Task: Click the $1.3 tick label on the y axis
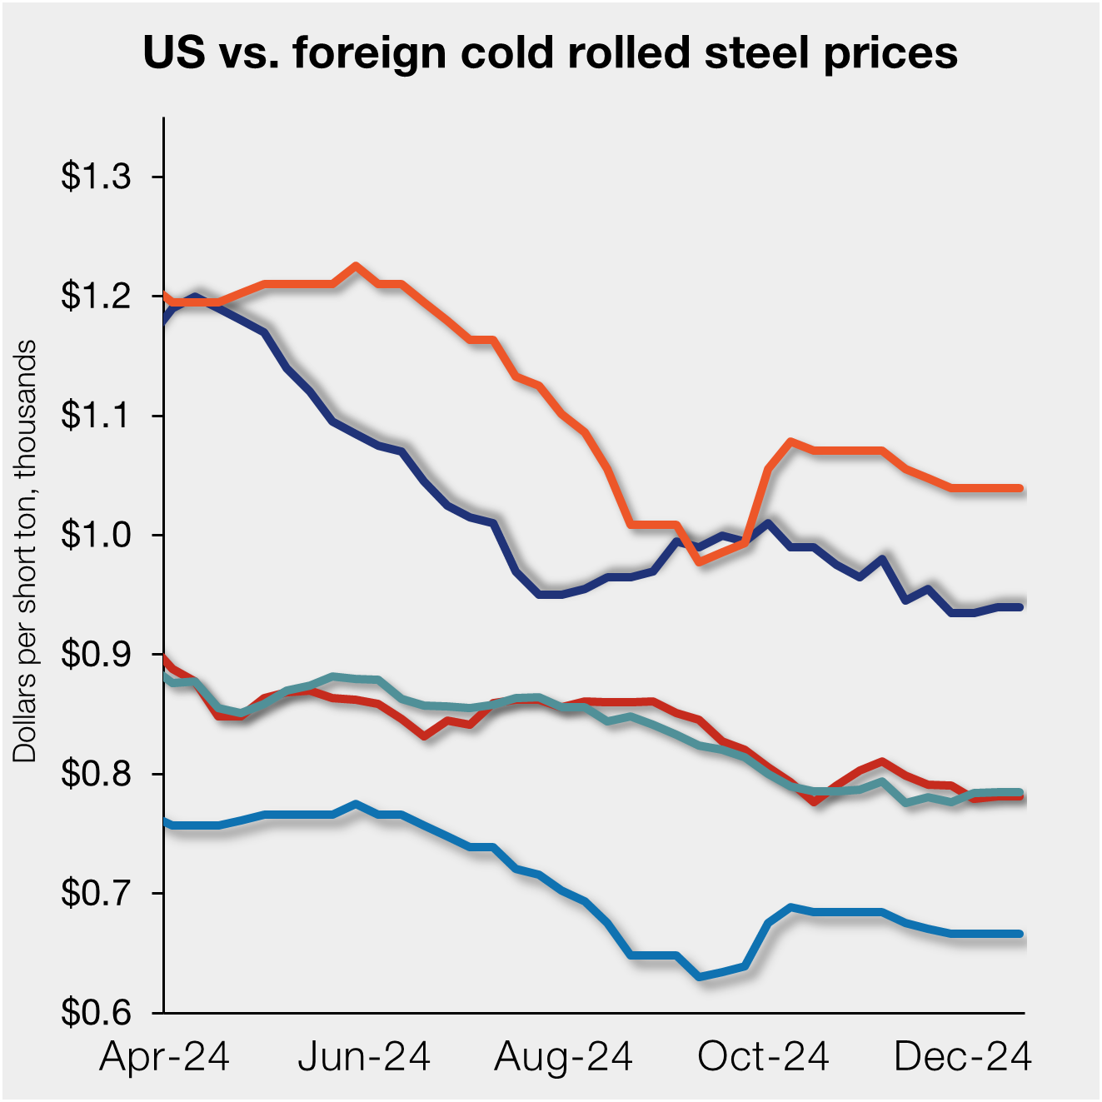96,177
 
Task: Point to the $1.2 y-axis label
96,296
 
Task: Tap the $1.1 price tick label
96,415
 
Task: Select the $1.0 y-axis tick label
96,535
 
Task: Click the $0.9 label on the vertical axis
96,655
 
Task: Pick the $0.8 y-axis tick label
96,774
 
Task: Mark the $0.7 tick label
96,894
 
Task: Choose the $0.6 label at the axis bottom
96,1013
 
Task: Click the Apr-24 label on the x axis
164,1057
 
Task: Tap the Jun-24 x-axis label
364,1057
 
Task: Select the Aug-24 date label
563,1057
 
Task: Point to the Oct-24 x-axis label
763,1057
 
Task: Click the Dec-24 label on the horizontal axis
963,1057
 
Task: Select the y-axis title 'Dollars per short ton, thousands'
26,551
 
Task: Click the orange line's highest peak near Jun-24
356,266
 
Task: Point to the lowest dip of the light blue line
700,976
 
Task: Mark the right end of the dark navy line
1020,607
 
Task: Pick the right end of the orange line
1020,488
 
